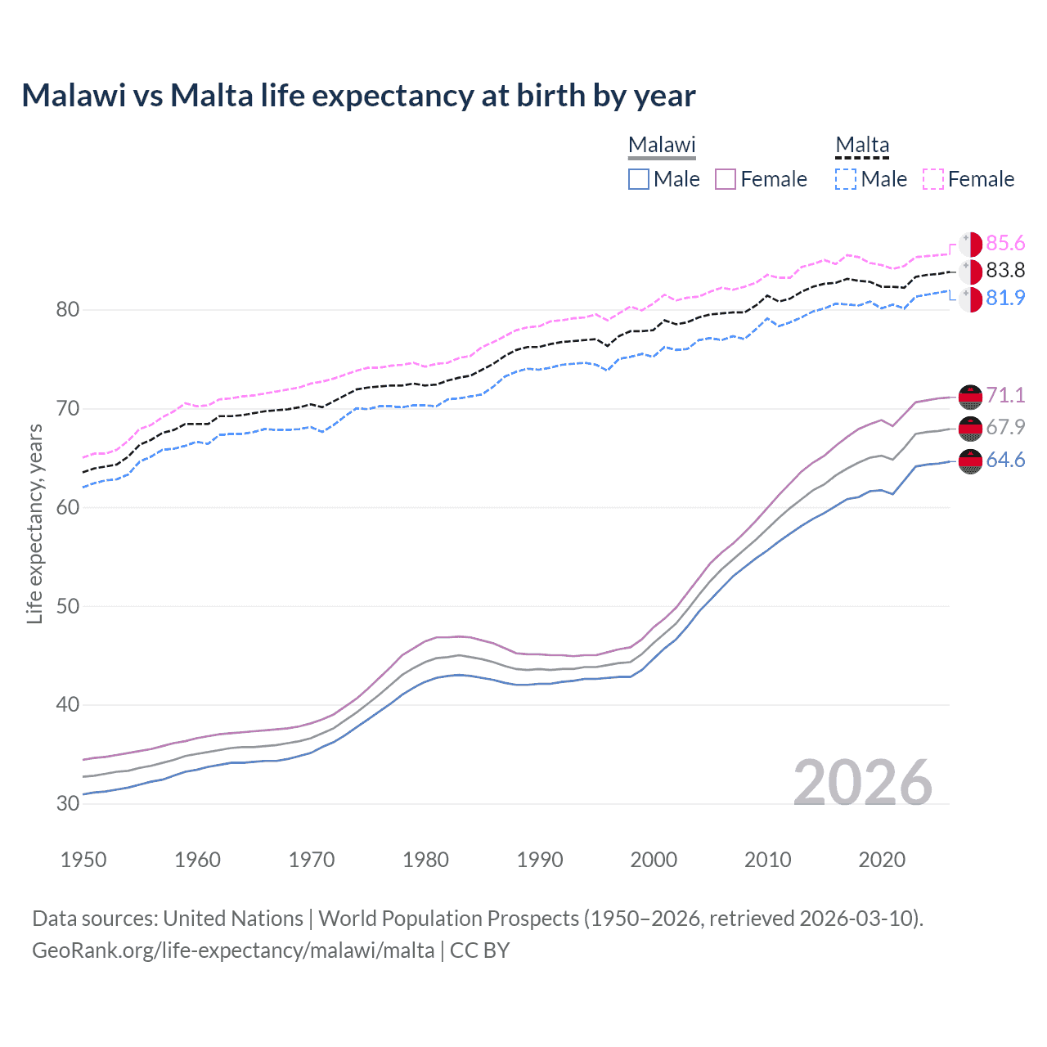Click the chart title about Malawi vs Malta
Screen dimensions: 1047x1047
358,96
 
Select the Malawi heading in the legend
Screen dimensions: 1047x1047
662,146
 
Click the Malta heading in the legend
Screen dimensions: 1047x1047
862,146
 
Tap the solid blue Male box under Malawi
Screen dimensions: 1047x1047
639,179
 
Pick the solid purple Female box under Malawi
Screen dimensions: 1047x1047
726,179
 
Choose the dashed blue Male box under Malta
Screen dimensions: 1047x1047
846,179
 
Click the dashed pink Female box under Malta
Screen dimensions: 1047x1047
933,179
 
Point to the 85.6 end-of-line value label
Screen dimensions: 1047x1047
1005,244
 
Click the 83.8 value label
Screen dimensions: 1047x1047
1005,271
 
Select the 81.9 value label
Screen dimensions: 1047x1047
1005,298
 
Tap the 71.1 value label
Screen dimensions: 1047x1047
1005,395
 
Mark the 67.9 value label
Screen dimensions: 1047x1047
1005,427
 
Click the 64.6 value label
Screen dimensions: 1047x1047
1005,461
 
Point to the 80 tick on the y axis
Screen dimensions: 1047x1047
68,309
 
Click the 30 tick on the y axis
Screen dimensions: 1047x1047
68,803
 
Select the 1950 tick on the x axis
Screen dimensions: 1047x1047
83,860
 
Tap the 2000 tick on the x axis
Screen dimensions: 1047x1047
654,860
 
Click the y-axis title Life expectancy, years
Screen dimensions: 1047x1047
34,523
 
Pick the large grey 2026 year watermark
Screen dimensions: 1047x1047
863,783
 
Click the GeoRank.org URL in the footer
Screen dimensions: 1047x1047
233,950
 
